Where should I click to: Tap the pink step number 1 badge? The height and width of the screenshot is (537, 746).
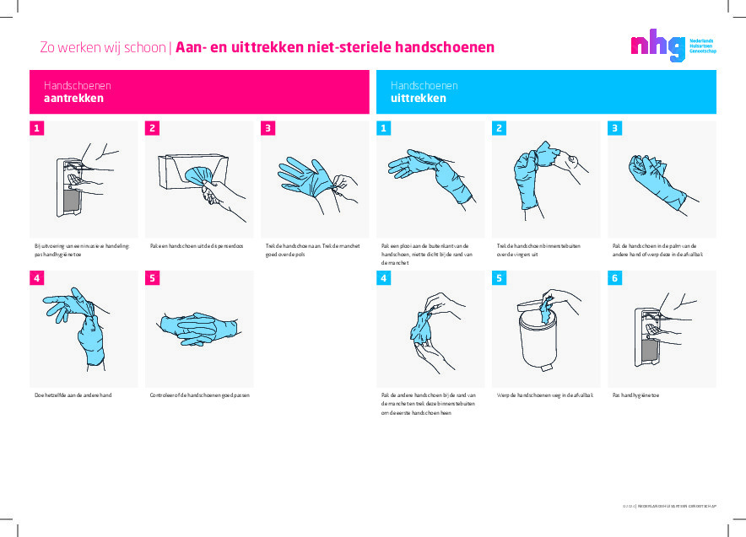click(x=36, y=128)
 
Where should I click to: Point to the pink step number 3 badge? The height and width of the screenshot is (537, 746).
click(x=268, y=128)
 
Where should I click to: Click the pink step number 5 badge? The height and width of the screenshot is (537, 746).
click(x=153, y=277)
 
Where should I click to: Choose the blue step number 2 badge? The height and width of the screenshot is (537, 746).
click(x=500, y=128)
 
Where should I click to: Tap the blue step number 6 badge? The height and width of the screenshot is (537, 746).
click(x=615, y=277)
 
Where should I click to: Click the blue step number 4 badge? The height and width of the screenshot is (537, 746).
click(x=384, y=277)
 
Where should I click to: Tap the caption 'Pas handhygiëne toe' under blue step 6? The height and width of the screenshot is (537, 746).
click(x=635, y=395)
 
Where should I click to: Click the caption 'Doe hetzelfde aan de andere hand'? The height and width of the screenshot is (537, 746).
click(x=73, y=395)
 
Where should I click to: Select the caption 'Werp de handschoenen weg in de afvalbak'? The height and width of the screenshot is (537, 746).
click(x=545, y=395)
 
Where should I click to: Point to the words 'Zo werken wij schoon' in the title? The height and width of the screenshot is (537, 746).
click(x=103, y=47)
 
